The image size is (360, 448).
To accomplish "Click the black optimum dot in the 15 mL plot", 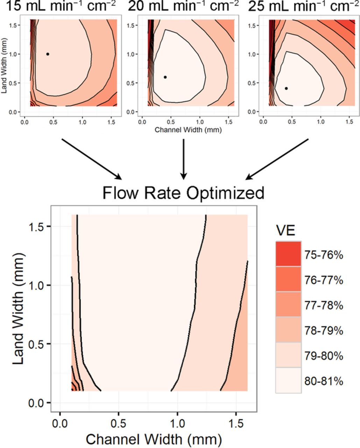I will point(48,54).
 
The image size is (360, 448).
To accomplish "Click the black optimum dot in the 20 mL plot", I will point(165,77).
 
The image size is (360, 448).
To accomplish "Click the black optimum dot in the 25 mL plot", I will point(286,88).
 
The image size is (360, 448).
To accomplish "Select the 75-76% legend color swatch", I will point(288,254).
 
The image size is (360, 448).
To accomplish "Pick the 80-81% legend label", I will point(324,381).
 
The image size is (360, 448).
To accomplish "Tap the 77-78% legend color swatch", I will point(288,304).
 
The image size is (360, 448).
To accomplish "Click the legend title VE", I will point(285,231).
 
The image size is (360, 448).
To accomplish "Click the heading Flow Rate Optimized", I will point(183,193).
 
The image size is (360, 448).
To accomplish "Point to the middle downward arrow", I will point(183,159).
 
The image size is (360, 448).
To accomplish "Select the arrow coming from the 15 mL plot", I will point(92,159).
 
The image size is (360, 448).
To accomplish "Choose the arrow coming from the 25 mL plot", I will point(277,159).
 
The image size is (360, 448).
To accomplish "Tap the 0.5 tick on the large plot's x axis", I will point(119,420).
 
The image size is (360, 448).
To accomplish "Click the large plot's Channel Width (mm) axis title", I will point(154,439).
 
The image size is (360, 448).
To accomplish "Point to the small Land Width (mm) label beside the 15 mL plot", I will point(5,70).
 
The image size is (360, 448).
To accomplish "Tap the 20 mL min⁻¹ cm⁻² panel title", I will point(183,6).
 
